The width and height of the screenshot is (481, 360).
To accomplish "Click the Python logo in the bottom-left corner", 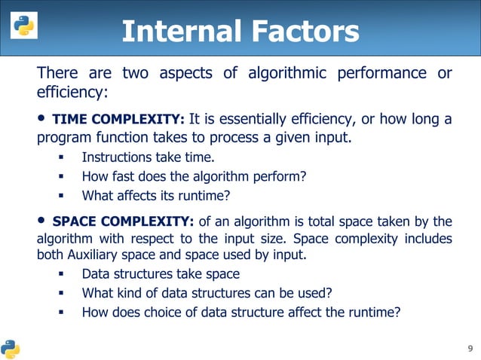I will point(11,349).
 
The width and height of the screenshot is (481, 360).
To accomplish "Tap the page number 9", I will point(470,348).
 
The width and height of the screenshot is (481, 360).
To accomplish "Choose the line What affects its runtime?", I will point(155,196).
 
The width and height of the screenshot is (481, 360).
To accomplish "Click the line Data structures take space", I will point(161,274).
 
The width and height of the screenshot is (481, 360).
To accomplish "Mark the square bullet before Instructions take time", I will point(61,158).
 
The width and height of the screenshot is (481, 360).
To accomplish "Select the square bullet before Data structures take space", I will point(61,275).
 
